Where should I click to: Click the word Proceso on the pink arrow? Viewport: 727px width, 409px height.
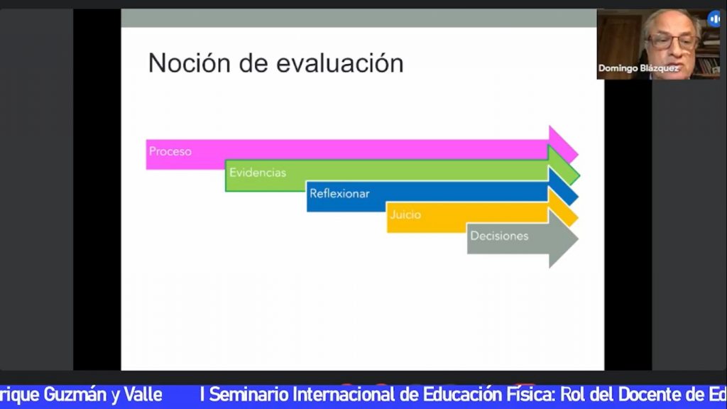170,151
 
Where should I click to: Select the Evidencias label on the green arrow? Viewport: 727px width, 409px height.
257,173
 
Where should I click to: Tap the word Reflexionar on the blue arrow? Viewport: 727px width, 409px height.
339,193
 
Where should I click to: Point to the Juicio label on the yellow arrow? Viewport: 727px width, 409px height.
405,214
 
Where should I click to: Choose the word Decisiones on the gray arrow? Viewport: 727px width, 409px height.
499,236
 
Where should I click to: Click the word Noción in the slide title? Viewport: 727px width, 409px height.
189,62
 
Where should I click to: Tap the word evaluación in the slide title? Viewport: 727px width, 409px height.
340,63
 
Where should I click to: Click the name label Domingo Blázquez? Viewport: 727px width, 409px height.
638,68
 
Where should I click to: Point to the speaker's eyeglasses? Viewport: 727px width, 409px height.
672,42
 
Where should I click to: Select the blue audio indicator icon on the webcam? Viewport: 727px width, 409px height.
714,19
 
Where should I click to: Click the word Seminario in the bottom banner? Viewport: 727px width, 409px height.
249,395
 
